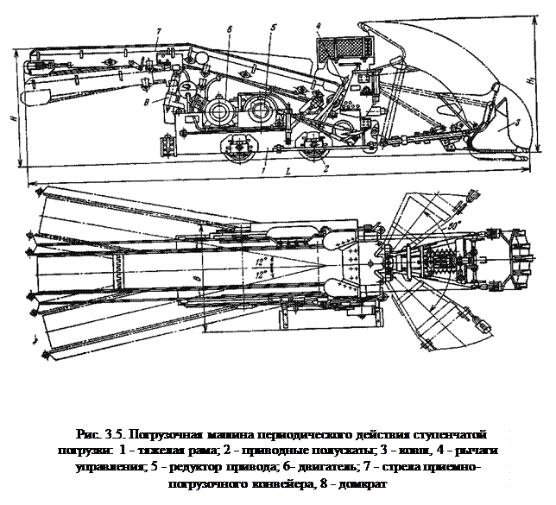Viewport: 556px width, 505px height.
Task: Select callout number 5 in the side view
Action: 272,28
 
